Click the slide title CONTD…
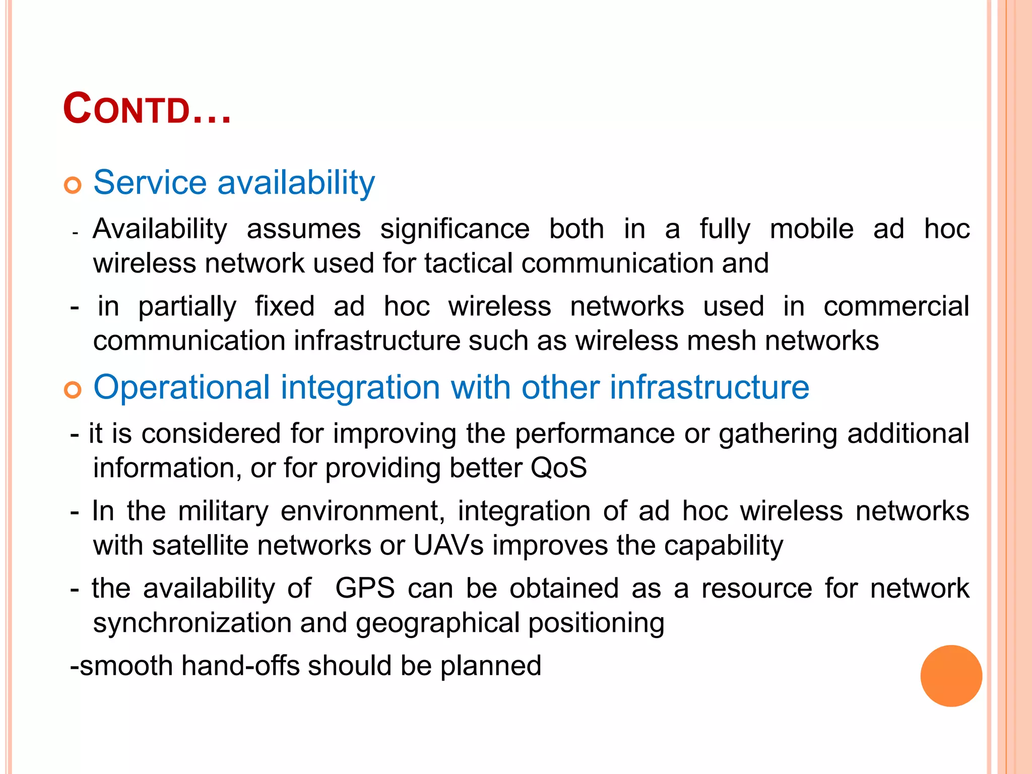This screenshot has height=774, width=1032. point(147,109)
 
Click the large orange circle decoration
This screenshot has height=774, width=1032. point(951,676)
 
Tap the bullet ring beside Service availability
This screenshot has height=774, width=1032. point(73,185)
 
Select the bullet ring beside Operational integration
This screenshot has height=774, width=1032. point(73,390)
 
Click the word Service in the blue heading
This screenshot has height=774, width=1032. point(150,182)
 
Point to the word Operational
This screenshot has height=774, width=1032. point(182,388)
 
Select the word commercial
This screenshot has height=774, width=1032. point(896,306)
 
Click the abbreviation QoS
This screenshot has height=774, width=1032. point(558,468)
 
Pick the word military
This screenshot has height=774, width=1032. point(223,511)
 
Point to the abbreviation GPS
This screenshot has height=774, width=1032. point(365,588)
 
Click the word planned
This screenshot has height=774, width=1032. point(490,666)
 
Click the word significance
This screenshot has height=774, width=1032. point(455,229)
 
